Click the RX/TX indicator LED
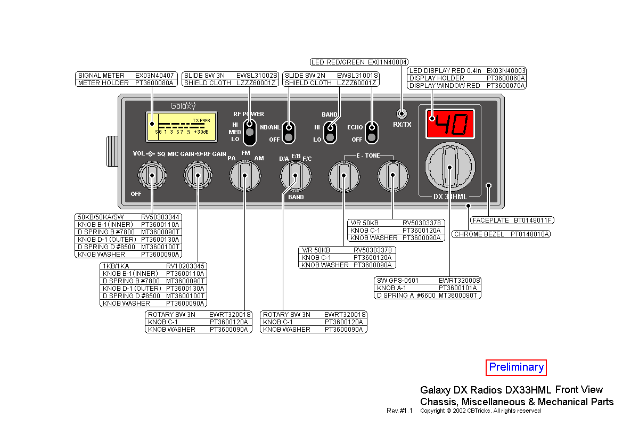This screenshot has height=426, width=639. [402, 113]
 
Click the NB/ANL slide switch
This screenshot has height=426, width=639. [289, 133]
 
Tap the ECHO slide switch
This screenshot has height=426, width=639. [372, 133]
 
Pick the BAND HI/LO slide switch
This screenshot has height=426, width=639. [331, 133]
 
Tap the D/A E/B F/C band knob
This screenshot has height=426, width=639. [296, 175]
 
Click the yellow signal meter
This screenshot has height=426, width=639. [182, 127]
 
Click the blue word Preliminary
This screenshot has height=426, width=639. [516, 367]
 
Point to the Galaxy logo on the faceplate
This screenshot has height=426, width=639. [183, 105]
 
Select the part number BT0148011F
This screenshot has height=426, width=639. [533, 220]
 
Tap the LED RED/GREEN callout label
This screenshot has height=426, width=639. [338, 62]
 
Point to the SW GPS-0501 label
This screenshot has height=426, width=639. [397, 280]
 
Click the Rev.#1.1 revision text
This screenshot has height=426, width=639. [399, 411]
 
